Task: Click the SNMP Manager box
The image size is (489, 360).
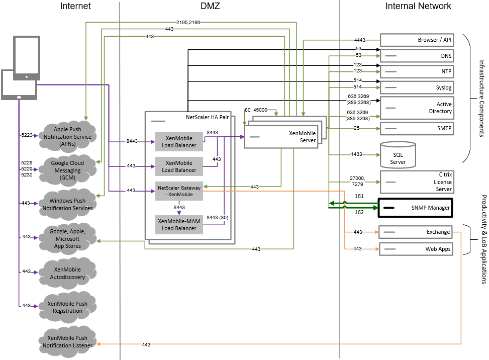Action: (x=416, y=207)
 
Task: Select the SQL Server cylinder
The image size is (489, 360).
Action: (x=398, y=155)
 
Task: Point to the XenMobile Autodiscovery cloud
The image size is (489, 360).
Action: (x=68, y=273)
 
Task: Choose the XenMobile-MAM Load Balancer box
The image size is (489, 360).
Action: (x=179, y=224)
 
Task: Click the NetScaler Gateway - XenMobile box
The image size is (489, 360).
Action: (x=179, y=191)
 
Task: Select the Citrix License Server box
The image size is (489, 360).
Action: (x=417, y=182)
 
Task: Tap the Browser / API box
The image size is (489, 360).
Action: (x=417, y=40)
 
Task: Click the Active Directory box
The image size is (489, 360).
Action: (x=417, y=107)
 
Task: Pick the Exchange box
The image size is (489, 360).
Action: (x=415, y=232)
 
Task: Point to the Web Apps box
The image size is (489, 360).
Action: (x=415, y=249)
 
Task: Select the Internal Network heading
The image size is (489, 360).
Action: (x=418, y=6)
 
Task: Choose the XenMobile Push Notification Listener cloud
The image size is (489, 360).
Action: (x=68, y=341)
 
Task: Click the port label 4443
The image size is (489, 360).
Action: (x=359, y=40)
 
